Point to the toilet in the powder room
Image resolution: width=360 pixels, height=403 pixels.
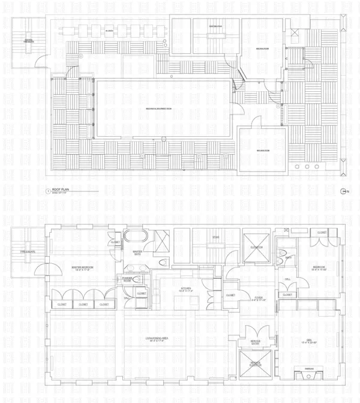138,279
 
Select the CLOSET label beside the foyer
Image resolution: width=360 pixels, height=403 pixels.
230,295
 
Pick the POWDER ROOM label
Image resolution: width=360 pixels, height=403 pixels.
128,280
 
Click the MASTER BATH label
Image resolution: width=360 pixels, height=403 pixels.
137,253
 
